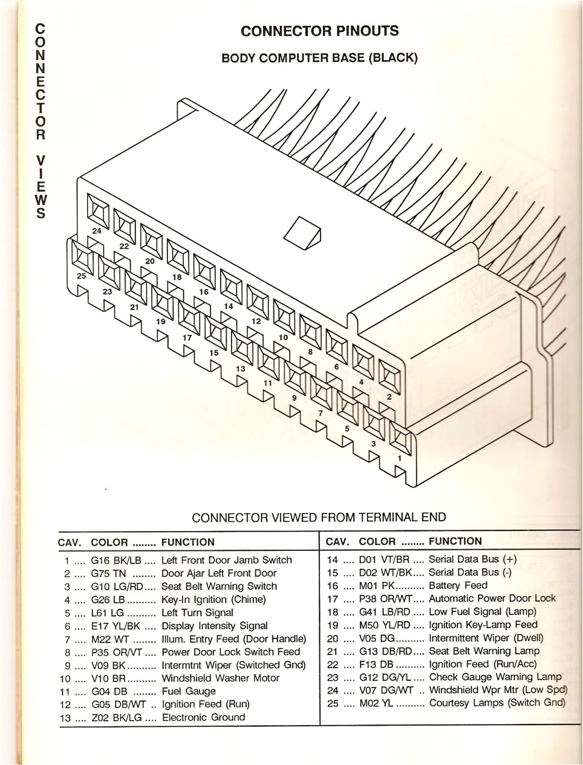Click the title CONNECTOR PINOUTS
click(319, 31)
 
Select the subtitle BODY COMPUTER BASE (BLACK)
click(319, 58)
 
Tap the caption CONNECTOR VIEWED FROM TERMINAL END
click(319, 517)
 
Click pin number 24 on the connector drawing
click(97, 231)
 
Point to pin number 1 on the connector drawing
click(400, 458)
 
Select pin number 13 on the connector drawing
click(241, 369)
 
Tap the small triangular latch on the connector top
click(303, 233)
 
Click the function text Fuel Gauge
click(188, 691)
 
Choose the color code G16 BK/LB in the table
click(116, 560)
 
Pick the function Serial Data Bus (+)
click(473, 559)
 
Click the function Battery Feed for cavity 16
click(458, 585)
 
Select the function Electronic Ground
click(203, 717)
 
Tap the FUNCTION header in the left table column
click(188, 542)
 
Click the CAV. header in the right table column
click(338, 541)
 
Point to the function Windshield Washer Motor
click(220, 678)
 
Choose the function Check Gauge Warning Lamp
click(495, 677)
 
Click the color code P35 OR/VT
click(116, 652)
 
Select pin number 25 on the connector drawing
click(82, 276)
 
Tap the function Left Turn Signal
click(197, 612)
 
